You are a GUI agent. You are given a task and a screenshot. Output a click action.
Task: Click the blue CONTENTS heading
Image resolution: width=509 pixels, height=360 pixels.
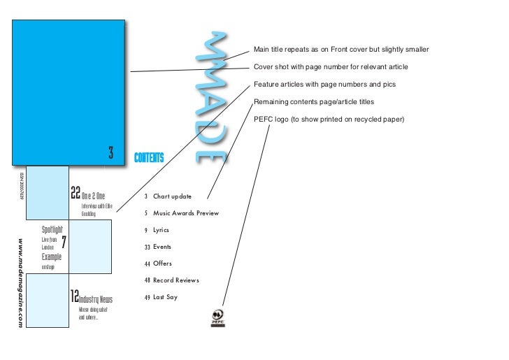(149, 157)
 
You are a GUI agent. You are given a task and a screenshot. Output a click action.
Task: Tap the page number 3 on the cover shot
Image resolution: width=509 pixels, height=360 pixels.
(110, 152)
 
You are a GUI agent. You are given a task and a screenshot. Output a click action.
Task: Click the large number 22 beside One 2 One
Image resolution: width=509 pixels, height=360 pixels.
(76, 193)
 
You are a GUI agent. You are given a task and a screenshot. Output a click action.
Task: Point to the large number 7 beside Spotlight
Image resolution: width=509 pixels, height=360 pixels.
(64, 242)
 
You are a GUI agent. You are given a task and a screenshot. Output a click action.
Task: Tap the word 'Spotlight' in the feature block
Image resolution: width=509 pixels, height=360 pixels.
(52, 229)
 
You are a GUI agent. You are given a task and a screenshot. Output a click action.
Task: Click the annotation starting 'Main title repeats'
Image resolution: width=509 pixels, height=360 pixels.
(341, 50)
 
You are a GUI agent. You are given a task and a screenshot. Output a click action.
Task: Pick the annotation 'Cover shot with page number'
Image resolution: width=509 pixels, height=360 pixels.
(331, 67)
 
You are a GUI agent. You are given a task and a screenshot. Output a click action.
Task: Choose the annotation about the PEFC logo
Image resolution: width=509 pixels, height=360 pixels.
(329, 118)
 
